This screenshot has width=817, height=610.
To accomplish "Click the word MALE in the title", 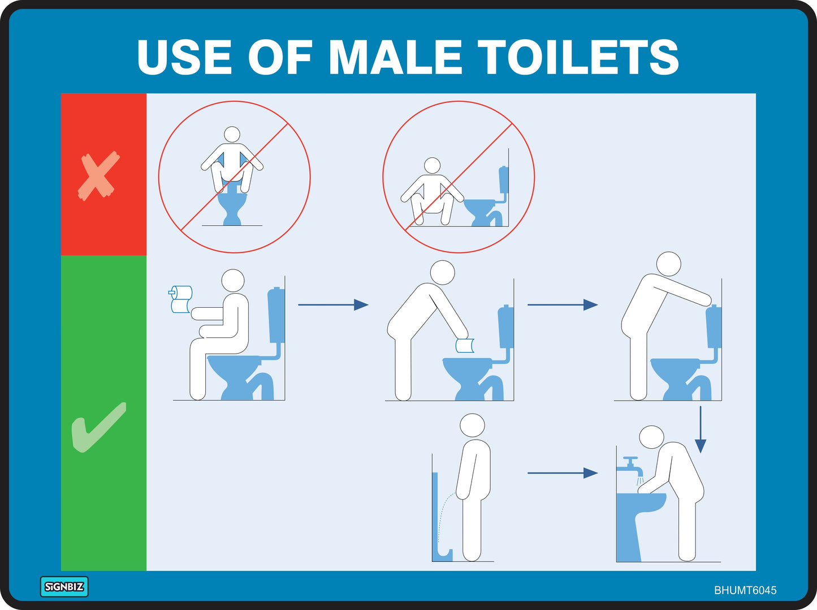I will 403,57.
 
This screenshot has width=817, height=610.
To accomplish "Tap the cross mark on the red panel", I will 99,176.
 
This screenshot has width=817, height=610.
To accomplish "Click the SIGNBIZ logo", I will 64,587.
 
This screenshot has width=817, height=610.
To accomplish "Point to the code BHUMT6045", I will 745,590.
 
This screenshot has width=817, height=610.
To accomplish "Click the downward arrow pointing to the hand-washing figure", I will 701,429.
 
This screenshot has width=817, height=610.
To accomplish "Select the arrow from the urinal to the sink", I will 563,472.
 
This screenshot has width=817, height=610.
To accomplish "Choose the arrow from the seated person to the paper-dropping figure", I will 333,304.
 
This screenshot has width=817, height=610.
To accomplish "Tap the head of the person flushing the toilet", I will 668,264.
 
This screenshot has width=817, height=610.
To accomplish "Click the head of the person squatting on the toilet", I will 232,134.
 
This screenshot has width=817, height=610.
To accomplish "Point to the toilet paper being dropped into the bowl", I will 465,345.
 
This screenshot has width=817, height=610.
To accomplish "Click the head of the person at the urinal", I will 472,425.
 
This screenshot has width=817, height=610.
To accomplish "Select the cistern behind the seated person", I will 275,315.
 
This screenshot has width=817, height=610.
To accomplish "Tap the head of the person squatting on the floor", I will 433,165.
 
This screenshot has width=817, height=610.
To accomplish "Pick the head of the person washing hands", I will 651,437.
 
